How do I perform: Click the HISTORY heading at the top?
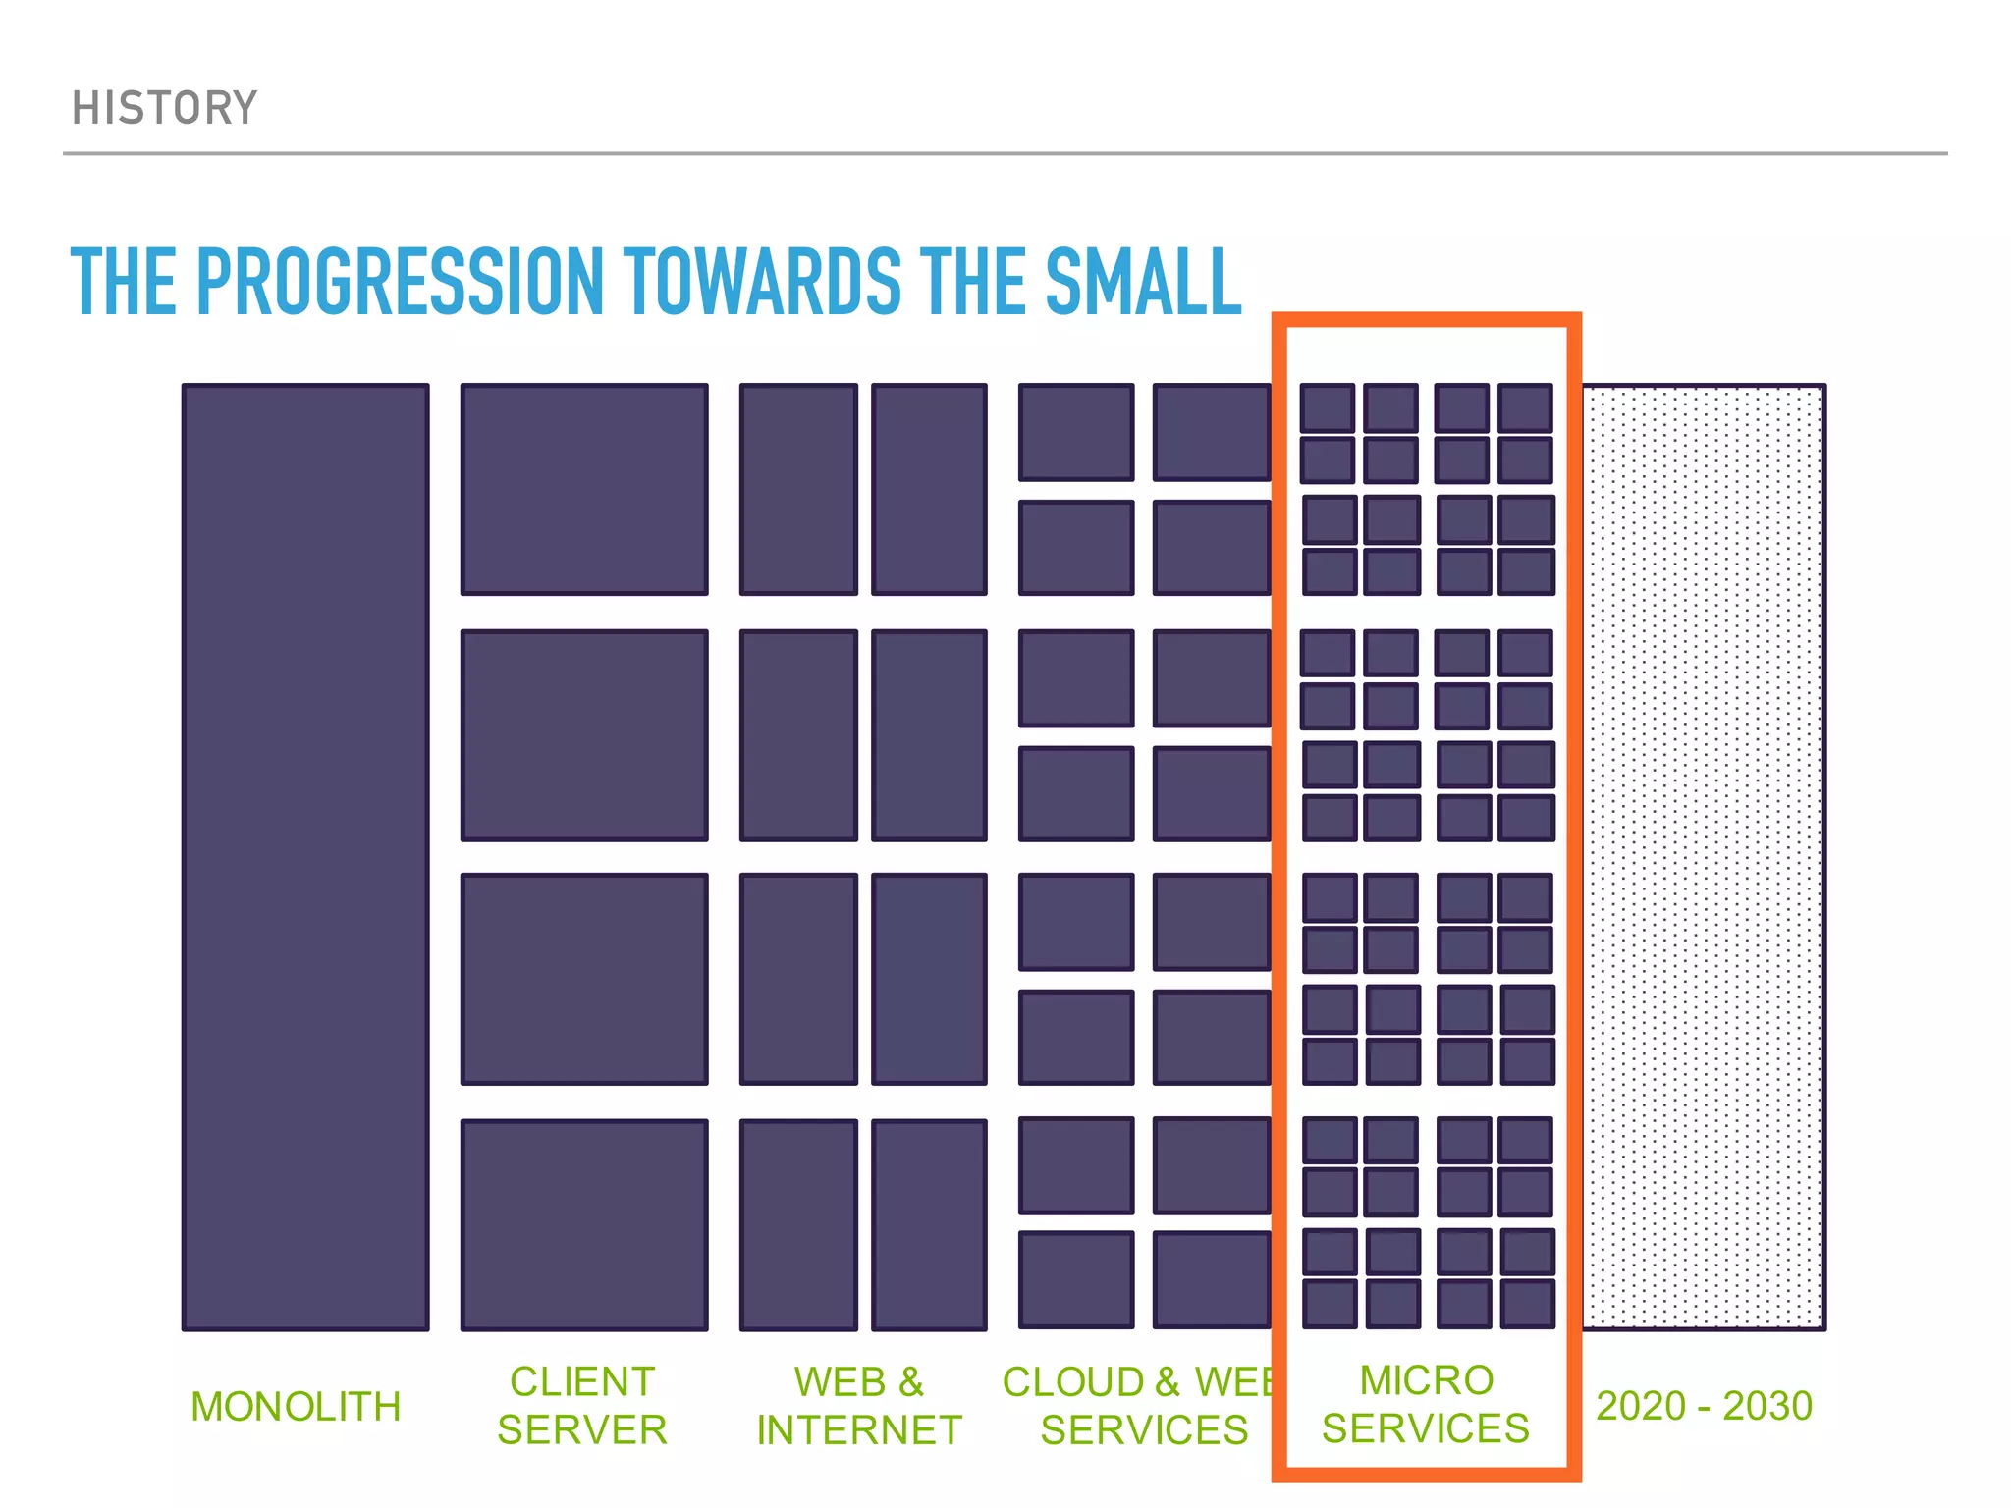click(x=164, y=108)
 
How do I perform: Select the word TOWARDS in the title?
click(x=762, y=282)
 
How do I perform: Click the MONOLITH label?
click(x=296, y=1406)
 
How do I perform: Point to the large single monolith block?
click(x=305, y=856)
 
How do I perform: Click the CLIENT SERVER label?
click(x=582, y=1406)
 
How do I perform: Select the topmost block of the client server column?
click(x=584, y=489)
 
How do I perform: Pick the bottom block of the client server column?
click(x=584, y=1224)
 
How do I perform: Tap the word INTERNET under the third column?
click(x=859, y=1430)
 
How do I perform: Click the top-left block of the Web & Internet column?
click(x=798, y=489)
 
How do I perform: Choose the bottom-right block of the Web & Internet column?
click(x=929, y=1224)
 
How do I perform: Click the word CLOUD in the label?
click(x=1073, y=1382)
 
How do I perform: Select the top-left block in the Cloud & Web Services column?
click(x=1076, y=432)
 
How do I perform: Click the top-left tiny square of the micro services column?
click(x=1328, y=407)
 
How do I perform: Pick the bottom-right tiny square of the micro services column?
click(x=1528, y=1303)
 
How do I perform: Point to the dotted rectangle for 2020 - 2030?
click(x=1703, y=856)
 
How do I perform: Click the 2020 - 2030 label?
click(x=1704, y=1406)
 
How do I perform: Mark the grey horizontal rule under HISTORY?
click(x=1005, y=153)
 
